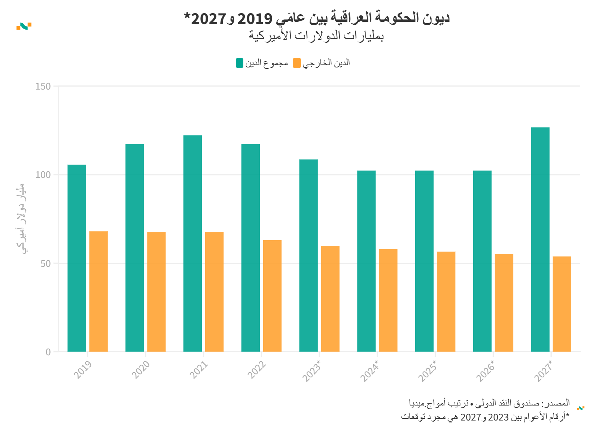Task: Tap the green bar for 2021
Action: (x=192, y=243)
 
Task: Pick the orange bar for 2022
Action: (x=272, y=296)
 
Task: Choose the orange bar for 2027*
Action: (x=562, y=304)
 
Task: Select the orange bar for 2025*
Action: (x=446, y=301)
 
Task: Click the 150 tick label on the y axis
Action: (x=43, y=87)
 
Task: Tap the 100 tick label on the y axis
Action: (x=43, y=175)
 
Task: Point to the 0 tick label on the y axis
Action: (x=48, y=352)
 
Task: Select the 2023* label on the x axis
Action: (x=312, y=371)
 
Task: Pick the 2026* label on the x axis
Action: (x=486, y=371)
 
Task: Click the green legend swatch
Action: (x=240, y=63)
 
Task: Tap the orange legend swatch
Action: (x=297, y=63)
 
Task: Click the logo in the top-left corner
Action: (x=24, y=26)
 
